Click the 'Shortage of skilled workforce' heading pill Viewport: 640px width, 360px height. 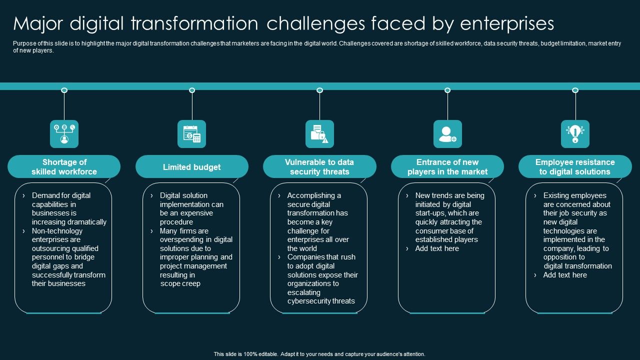tap(64, 167)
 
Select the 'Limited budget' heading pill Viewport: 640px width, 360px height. tap(191, 167)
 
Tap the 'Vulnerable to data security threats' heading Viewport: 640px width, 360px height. tap(319, 167)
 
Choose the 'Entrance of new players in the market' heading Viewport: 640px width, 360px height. tap(447, 167)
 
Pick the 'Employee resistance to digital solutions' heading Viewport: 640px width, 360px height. tap(575, 167)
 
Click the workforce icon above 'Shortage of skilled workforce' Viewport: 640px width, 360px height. tap(64, 134)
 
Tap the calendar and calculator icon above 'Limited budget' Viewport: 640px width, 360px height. tap(191, 134)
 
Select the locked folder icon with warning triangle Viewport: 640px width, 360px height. tap(319, 134)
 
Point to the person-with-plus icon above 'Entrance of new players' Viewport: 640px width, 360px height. tap(447, 134)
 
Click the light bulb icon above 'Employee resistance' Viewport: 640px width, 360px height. tap(575, 134)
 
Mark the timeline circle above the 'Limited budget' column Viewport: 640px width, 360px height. tap(192, 90)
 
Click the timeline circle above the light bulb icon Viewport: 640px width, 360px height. tap(575, 90)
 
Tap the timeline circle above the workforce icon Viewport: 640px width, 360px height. tap(64, 90)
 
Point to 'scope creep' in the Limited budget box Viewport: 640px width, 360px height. tap(180, 284)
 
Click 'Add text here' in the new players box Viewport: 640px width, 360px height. tap(437, 248)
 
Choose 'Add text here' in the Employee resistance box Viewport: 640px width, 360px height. tap(565, 275)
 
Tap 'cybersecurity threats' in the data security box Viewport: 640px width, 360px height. tap(321, 301)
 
